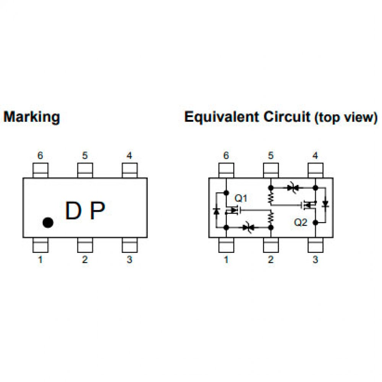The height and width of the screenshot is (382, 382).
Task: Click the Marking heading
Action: [31, 117]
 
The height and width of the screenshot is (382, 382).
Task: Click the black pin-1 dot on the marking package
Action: [47, 222]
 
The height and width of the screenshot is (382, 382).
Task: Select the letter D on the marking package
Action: [73, 211]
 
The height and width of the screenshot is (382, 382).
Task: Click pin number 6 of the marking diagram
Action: [40, 155]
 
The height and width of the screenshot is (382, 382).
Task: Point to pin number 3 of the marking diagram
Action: [129, 260]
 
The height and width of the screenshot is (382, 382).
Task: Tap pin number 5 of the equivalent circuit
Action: [270, 155]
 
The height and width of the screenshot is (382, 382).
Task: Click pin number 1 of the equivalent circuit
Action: [226, 260]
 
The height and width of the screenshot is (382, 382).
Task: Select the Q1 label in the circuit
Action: [241, 198]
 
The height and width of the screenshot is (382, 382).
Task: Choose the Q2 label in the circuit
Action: [301, 222]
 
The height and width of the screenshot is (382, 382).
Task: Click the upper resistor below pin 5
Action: [270, 197]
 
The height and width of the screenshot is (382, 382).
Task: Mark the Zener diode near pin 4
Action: [293, 188]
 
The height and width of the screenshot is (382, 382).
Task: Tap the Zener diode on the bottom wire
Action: [248, 228]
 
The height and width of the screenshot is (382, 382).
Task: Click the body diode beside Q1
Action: [216, 211]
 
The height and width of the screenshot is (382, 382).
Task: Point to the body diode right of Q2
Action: [325, 205]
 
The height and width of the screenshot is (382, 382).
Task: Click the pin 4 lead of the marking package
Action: [129, 170]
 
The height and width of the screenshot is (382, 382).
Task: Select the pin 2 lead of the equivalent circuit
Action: [270, 244]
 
